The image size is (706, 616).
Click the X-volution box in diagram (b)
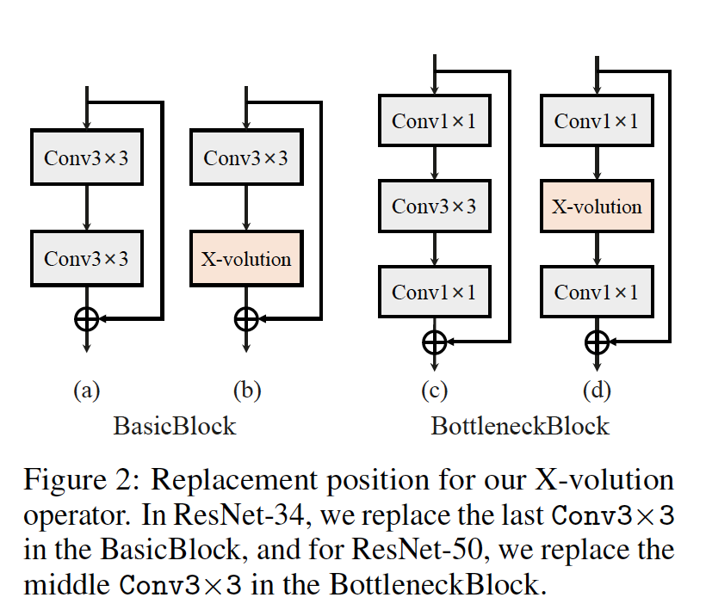coord(246,259)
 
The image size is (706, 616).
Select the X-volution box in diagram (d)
coord(597,206)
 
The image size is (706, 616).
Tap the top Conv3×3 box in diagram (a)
coord(87,157)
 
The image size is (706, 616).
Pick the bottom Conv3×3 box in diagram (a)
coord(87,259)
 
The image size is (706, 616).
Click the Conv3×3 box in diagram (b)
coord(246,157)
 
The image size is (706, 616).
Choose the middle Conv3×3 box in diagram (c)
coord(435,206)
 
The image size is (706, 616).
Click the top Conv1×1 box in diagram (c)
coord(435,120)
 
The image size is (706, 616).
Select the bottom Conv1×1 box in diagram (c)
coord(435,292)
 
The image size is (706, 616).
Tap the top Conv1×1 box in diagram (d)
coord(597,120)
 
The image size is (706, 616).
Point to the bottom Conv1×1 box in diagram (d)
coord(597,292)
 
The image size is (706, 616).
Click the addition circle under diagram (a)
coord(87,319)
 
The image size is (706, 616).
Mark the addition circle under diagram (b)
coord(246,319)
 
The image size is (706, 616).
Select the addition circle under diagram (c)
coord(435,342)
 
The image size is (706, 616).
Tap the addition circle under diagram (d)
coord(597,342)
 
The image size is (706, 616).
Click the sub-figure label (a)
coord(87,390)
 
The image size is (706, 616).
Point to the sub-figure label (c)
coord(435,390)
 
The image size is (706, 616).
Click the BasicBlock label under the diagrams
coord(175,426)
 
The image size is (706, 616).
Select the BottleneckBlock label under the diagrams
coord(520,426)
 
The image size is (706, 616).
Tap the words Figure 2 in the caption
coord(82,480)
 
